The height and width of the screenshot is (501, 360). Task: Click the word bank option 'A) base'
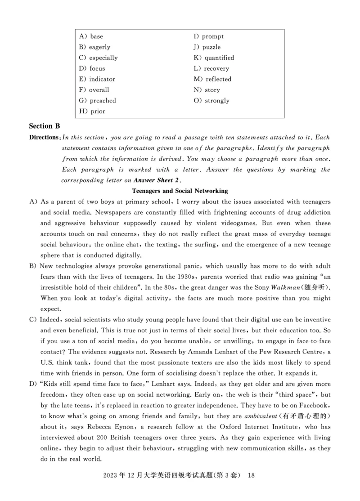91,36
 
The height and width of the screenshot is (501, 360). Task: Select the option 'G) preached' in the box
97,101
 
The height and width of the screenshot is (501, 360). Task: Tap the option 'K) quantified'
214,58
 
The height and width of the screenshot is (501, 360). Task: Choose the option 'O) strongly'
211,101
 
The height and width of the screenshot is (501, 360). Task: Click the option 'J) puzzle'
207,47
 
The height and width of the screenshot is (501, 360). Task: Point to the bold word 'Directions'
44,137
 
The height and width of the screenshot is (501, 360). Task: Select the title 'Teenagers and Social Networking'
180,191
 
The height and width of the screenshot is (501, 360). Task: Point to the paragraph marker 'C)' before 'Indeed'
32,319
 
